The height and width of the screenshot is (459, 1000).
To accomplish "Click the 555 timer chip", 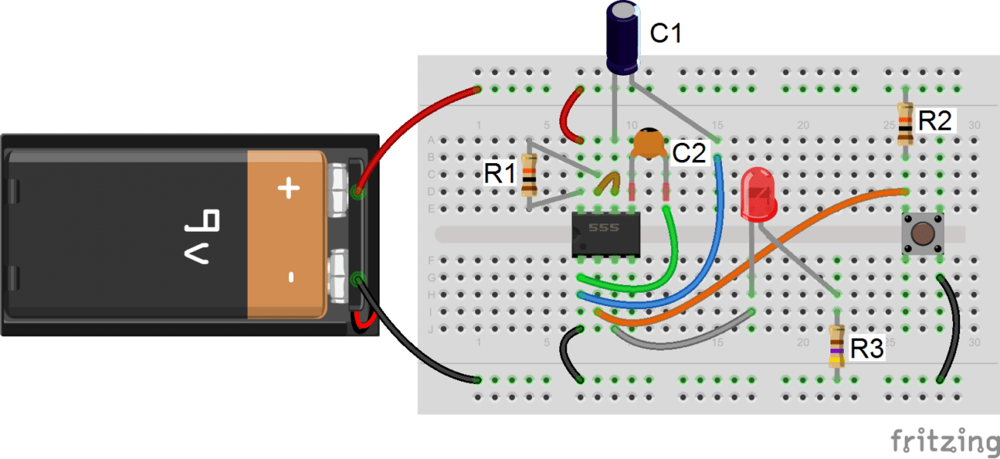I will [605, 233].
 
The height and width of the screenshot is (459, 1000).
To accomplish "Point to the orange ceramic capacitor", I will [648, 144].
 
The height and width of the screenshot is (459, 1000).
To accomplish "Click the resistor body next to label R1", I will [529, 174].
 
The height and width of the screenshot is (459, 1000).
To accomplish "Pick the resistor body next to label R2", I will [905, 124].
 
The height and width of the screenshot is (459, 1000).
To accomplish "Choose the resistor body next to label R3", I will [837, 347].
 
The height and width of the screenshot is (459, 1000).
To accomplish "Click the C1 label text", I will [666, 34].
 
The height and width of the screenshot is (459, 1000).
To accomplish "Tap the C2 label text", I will [690, 154].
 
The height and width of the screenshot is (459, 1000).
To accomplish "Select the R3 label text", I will [867, 350].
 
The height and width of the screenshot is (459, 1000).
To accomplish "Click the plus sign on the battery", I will [289, 188].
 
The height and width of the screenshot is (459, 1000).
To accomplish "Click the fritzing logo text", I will [943, 440].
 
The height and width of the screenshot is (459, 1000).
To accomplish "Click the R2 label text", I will [934, 121].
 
